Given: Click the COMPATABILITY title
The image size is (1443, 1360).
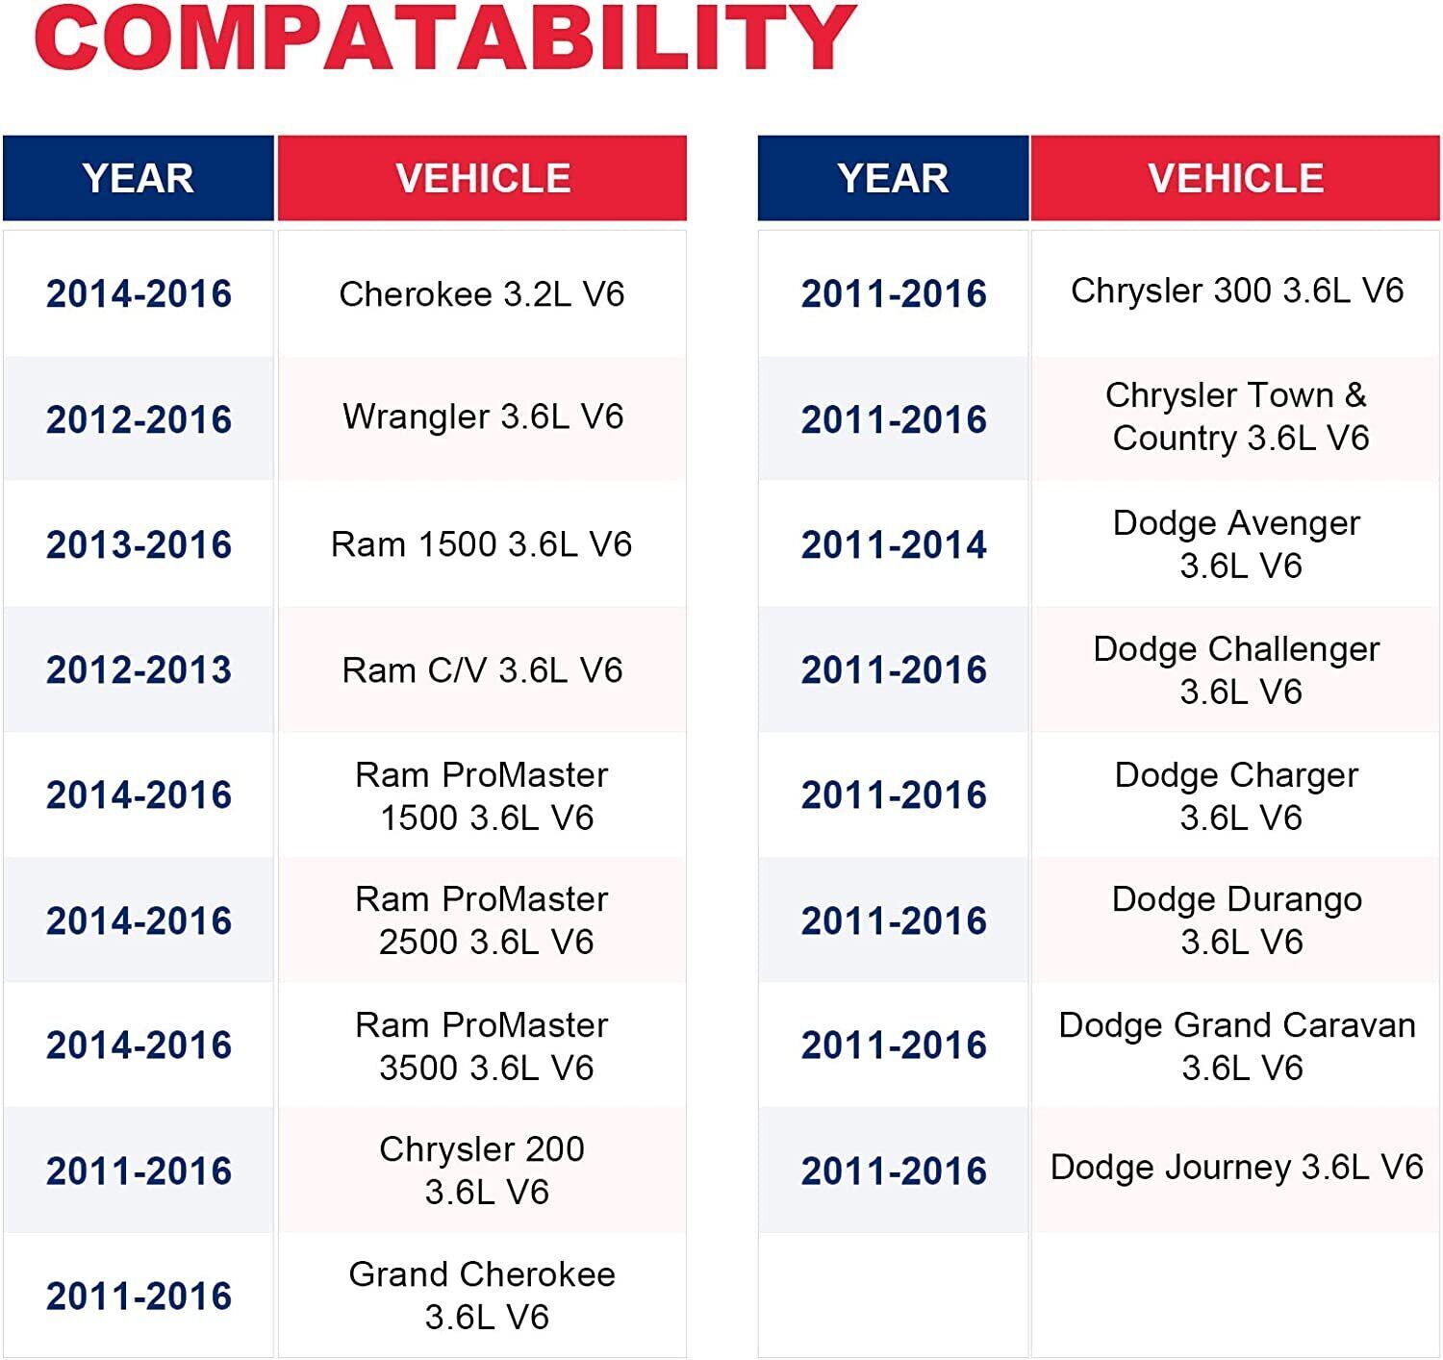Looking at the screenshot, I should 444,38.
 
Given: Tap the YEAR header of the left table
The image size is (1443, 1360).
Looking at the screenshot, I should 139,178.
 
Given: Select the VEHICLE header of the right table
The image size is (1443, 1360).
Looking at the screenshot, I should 1235,178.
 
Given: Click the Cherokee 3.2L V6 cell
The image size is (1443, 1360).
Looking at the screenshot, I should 482,293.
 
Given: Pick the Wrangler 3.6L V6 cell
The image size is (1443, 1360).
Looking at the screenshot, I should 483,416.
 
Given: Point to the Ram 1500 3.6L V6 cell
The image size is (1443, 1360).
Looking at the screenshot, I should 482,544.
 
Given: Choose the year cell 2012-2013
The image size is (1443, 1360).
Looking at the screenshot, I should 139,669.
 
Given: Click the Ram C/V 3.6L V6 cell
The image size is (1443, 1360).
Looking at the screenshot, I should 482,669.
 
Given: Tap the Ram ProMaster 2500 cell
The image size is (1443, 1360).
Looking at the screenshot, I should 482,920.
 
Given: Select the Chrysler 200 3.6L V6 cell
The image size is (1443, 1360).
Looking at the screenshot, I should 482,1170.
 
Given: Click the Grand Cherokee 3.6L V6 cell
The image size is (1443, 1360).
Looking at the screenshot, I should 482,1295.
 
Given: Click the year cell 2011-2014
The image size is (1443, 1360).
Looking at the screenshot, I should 894,544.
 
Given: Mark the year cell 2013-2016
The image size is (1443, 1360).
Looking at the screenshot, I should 139,544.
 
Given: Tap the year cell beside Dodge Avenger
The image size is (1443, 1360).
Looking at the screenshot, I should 894,544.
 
